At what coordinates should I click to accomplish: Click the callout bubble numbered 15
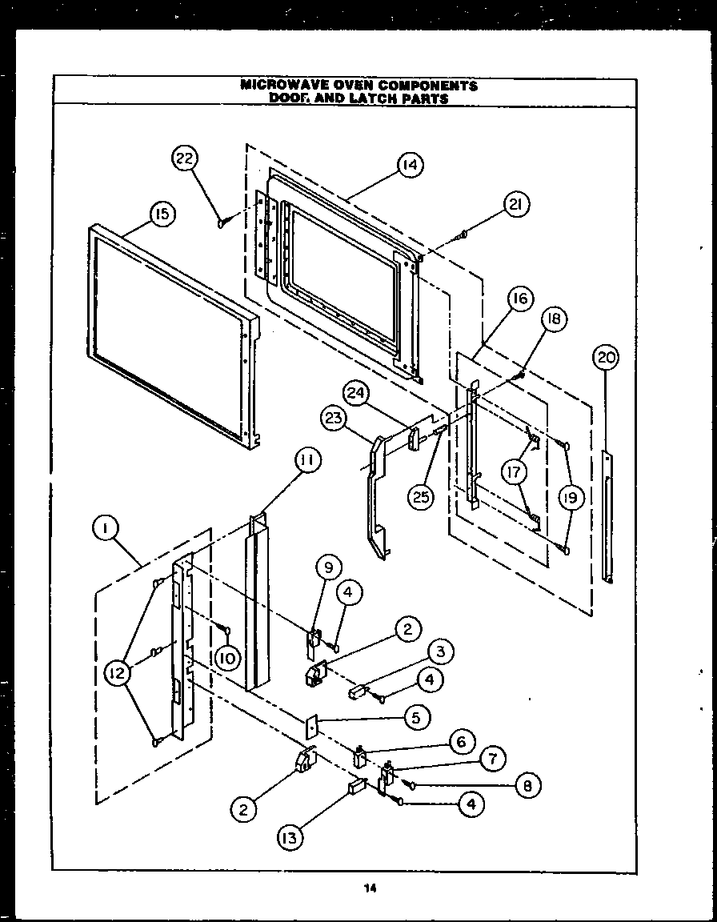point(161,214)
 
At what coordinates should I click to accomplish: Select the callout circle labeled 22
point(185,159)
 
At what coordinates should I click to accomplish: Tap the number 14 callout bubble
point(409,165)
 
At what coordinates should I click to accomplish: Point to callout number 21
point(516,206)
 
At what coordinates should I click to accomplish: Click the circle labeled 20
point(607,358)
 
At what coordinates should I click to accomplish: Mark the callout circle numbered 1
point(106,527)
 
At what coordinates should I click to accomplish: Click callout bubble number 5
point(416,717)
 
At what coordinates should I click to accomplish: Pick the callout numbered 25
point(419,497)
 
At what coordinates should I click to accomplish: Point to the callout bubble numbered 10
point(228,658)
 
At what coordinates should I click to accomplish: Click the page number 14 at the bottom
point(369,887)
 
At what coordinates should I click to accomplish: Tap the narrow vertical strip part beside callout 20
point(609,512)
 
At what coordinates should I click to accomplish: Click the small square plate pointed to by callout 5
point(311,726)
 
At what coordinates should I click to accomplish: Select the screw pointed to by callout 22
point(222,222)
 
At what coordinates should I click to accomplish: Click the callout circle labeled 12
point(118,674)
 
